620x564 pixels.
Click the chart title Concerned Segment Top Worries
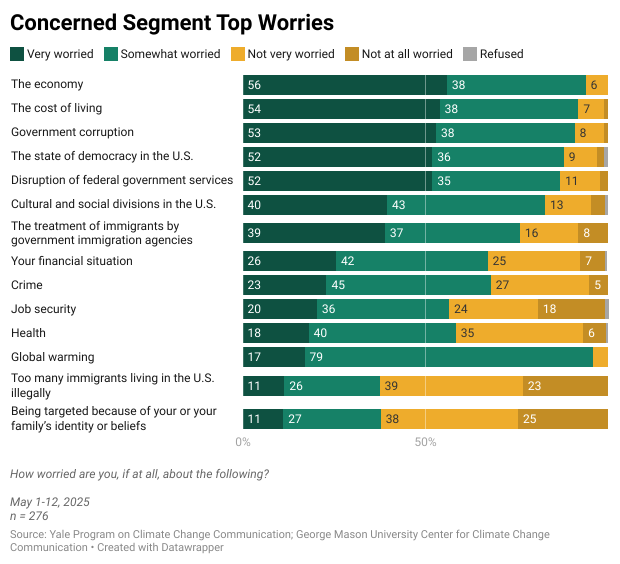click(172, 23)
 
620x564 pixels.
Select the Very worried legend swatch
click(16, 54)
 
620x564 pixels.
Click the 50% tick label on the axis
click(425, 442)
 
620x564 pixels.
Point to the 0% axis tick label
click(243, 442)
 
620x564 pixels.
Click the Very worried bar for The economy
click(345, 85)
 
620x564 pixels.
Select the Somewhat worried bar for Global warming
click(449, 357)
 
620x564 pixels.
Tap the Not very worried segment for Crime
click(540, 285)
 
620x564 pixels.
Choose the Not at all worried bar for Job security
click(571, 309)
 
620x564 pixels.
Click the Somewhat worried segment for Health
click(382, 333)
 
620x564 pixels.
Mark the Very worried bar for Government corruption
click(339, 133)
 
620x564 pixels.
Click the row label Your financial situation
click(72, 261)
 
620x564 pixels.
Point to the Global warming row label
click(52, 357)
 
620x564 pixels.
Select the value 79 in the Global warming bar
click(316, 357)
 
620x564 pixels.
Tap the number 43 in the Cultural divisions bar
click(398, 205)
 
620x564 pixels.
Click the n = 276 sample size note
click(29, 516)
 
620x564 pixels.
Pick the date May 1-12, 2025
click(50, 502)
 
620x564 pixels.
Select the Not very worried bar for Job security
click(493, 309)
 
